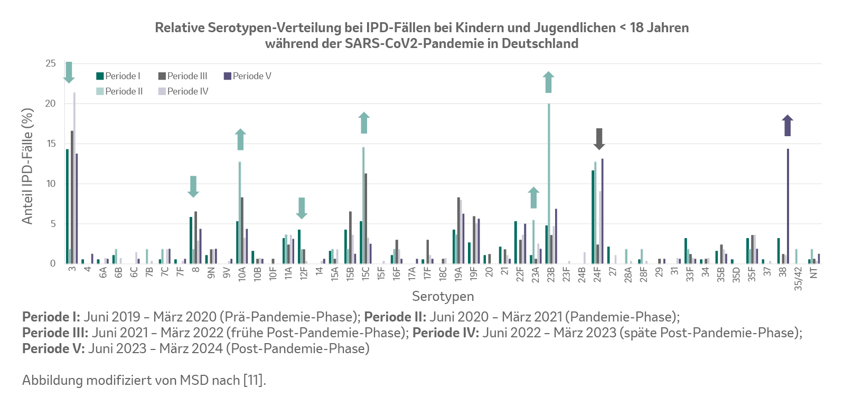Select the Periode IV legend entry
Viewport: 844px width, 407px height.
pos(183,91)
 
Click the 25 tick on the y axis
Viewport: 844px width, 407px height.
pos(50,63)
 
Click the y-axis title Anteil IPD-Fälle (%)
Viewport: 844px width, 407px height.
pos(27,166)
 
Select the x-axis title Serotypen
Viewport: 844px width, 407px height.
pos(443,296)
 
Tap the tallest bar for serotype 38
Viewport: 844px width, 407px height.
pos(788,206)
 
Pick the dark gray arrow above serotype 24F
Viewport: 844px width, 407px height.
pos(599,139)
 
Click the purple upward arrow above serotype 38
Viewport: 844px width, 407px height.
pos(787,126)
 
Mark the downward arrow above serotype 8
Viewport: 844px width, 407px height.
pos(193,186)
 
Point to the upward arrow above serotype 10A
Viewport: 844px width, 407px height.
pos(240,139)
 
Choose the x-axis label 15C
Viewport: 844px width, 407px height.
pos(365,273)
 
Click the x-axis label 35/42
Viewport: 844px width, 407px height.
pos(798,278)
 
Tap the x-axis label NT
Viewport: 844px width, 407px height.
pos(814,272)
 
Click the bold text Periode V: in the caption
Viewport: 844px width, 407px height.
pos(53,348)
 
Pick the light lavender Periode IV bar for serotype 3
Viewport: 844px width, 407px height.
pos(74,178)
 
